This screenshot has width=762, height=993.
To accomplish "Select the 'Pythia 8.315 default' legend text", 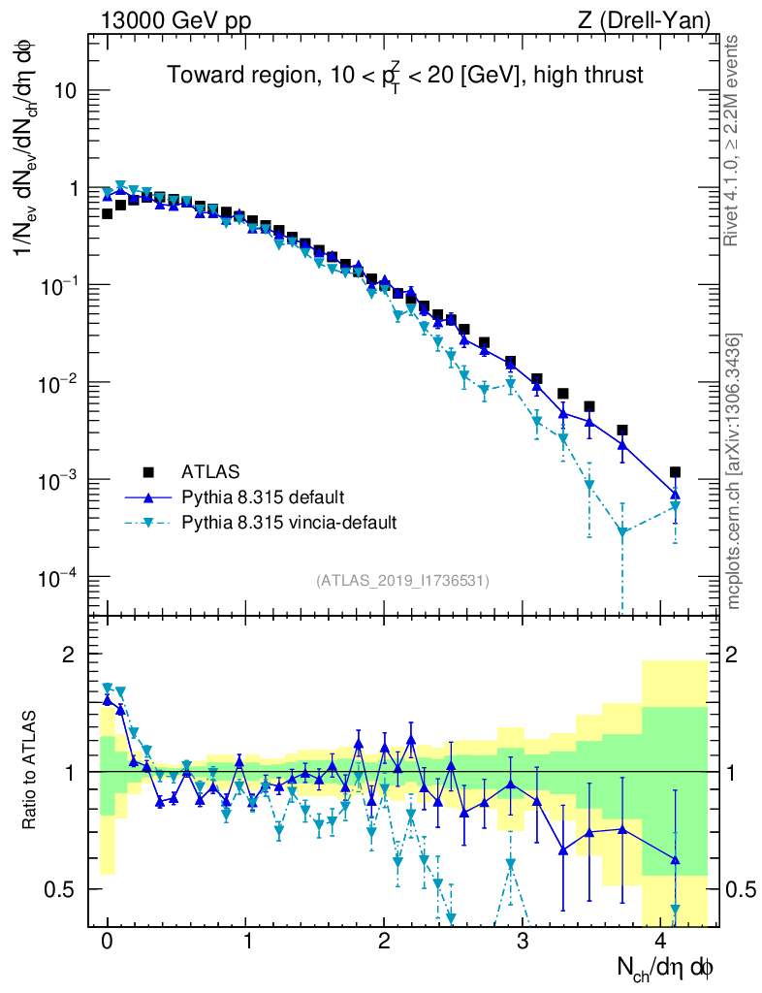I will (263, 497).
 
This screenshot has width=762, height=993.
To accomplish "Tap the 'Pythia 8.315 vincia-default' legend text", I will (289, 523).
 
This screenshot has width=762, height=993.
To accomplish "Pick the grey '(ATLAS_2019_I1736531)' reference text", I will (402, 581).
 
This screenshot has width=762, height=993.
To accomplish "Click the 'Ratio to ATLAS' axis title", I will (31, 771).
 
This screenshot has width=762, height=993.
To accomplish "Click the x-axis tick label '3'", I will (523, 942).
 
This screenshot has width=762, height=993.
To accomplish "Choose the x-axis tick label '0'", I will (107, 942).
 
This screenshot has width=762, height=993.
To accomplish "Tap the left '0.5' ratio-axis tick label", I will (65, 889).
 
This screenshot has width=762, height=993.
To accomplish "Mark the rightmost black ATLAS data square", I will (675, 472).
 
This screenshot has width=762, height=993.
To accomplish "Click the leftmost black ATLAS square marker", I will (107, 213).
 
